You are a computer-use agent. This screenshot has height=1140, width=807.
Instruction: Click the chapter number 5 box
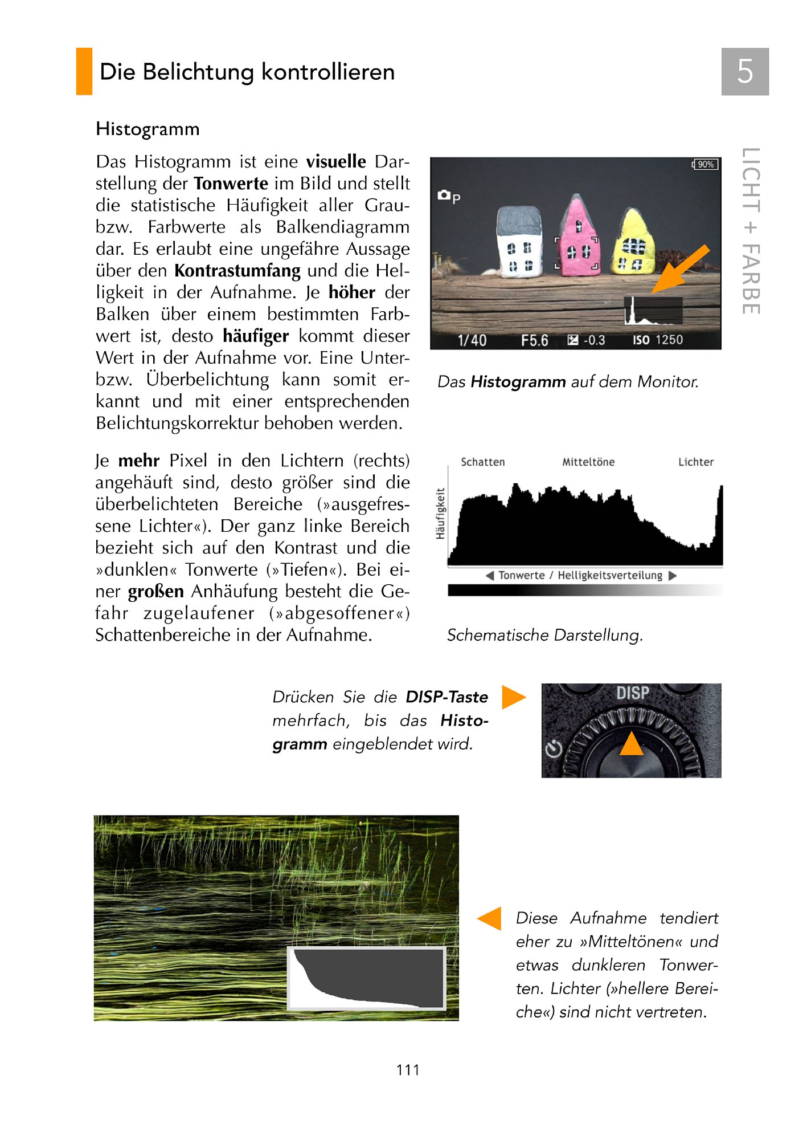click(744, 72)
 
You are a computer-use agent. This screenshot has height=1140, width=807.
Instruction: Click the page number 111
click(408, 1070)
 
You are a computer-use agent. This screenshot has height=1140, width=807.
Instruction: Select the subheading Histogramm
click(148, 129)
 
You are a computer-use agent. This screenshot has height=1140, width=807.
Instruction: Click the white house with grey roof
click(519, 242)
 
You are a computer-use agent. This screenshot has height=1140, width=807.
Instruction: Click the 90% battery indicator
click(705, 165)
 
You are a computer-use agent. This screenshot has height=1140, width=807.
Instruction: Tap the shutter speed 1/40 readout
click(472, 340)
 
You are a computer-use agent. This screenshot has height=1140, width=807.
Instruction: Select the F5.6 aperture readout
click(534, 340)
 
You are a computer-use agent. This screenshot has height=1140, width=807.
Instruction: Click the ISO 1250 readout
click(657, 340)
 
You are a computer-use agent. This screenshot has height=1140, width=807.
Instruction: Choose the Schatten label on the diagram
click(482, 462)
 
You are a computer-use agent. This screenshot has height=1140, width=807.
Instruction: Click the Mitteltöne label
click(588, 462)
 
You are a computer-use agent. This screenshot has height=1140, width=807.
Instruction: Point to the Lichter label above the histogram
click(695, 462)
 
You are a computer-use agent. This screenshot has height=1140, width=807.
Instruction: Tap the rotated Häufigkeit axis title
click(440, 513)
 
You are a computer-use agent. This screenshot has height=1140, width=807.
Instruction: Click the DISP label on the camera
click(632, 693)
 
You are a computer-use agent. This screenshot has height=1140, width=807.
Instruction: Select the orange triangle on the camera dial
click(631, 744)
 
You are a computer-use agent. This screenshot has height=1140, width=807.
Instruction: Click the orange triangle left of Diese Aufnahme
click(490, 918)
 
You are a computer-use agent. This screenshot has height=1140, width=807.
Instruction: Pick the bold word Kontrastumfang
click(237, 271)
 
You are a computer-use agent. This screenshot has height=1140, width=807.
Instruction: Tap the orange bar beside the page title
click(84, 72)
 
